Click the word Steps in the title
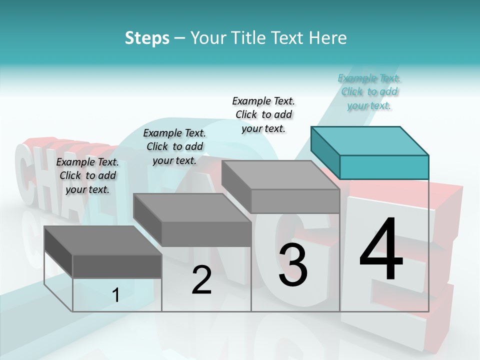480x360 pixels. tap(147, 38)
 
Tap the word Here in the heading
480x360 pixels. tap(327, 38)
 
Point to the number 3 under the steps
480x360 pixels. tap(293, 265)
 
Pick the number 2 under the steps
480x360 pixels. tap(201, 280)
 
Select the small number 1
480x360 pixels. tap(116, 295)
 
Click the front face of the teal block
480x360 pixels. tap(384, 167)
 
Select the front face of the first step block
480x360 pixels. tap(117, 266)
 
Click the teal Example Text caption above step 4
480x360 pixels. tap(369, 92)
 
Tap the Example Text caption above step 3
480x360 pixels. tap(263, 114)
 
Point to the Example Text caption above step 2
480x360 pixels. tap(174, 146)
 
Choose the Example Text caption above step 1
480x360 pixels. tap(87, 175)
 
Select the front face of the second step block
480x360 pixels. tap(206, 234)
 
